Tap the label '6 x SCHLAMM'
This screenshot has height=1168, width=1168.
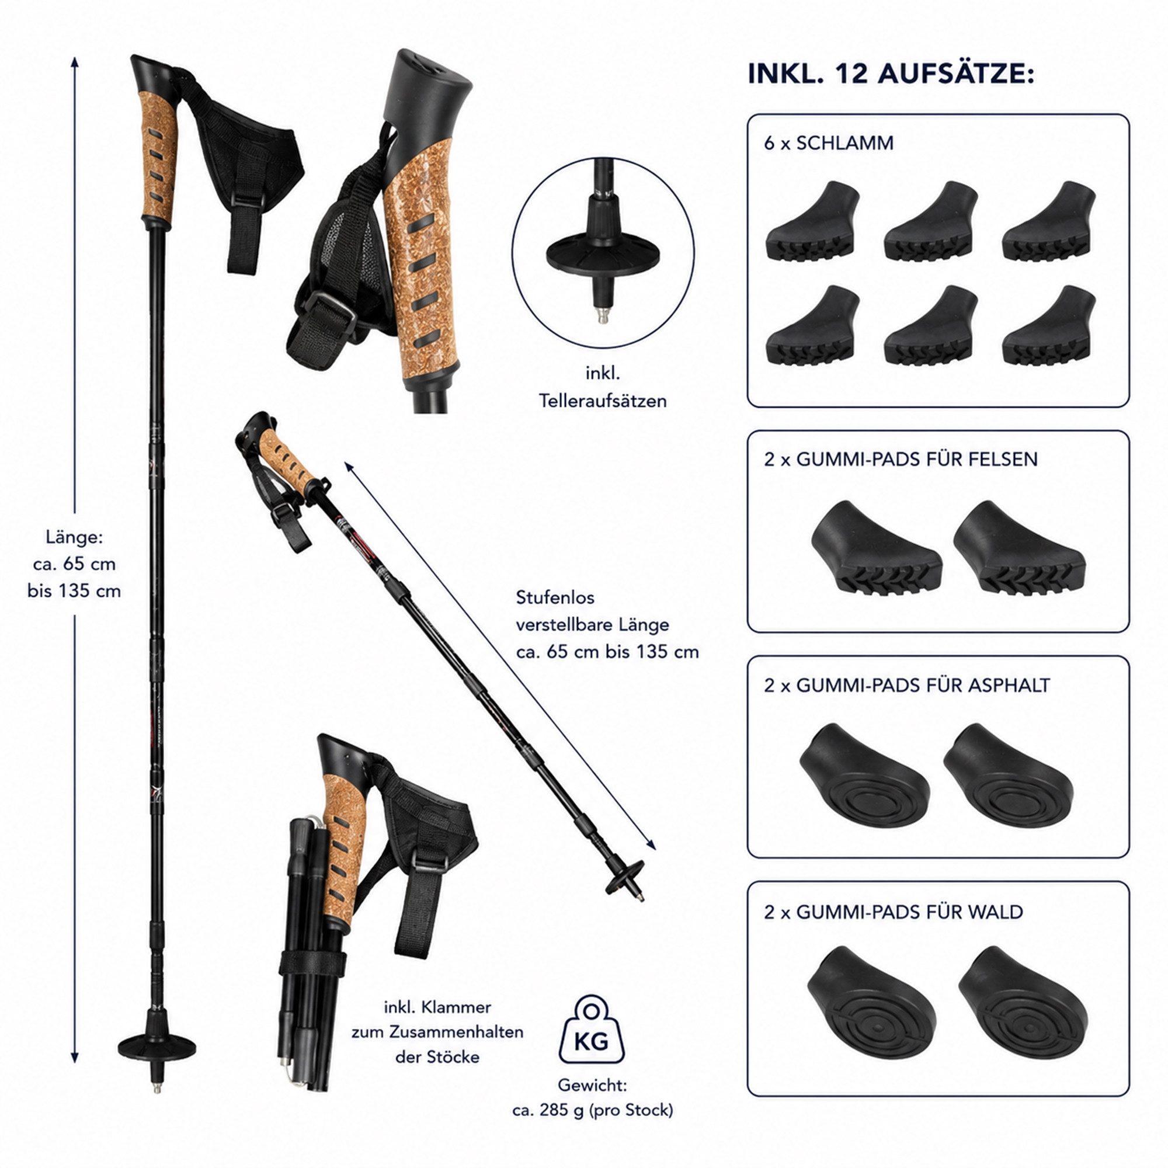click(829, 143)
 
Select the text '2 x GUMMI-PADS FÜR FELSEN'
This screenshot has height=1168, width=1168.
click(901, 459)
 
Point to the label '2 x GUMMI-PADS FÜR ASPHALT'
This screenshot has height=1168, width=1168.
click(907, 685)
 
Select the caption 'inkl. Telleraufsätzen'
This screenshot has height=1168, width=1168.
click(603, 387)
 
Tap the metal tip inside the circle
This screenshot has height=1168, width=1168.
click(602, 314)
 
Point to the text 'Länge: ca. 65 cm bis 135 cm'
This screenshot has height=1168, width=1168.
click(74, 564)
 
